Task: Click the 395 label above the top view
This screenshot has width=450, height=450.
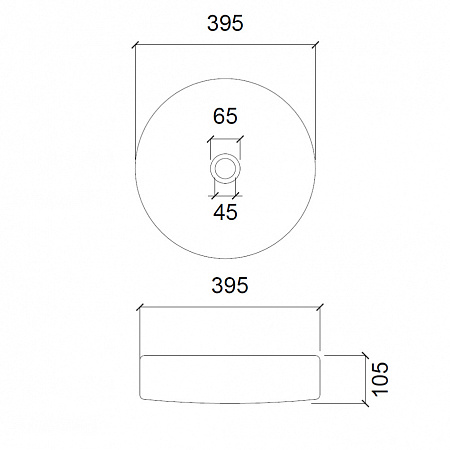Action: [225, 23]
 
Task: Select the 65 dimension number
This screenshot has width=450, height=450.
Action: [225, 116]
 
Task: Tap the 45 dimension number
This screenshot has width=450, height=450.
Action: [225, 212]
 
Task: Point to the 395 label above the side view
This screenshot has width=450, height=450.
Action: [230, 285]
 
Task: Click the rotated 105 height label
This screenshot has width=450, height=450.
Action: [380, 379]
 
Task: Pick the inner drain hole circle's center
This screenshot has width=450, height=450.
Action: [225, 168]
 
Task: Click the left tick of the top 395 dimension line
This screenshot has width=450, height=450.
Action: [135, 45]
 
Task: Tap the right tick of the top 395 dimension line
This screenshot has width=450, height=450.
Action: [315, 45]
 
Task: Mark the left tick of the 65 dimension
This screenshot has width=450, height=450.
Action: [210, 139]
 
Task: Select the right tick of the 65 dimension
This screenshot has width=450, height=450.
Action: [240, 139]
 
